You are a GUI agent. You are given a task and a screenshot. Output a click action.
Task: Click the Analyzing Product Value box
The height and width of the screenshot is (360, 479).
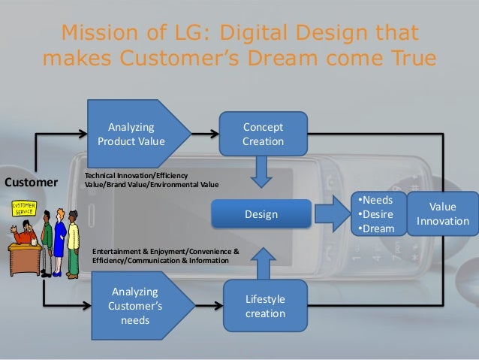point(131,133)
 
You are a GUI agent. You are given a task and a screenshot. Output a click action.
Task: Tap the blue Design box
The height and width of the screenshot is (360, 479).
point(261,215)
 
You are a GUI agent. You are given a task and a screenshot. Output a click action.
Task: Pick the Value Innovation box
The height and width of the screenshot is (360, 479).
point(441,213)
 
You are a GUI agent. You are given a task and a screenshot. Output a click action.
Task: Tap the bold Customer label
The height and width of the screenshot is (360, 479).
point(32,182)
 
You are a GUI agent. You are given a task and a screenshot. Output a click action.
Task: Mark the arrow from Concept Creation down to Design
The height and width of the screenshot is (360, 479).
point(262,171)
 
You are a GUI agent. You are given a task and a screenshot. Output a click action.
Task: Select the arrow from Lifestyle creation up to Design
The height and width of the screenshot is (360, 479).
point(263,259)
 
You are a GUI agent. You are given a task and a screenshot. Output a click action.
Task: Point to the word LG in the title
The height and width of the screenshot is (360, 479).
point(187,34)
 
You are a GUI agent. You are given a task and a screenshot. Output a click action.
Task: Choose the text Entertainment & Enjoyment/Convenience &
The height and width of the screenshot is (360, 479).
point(165,251)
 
